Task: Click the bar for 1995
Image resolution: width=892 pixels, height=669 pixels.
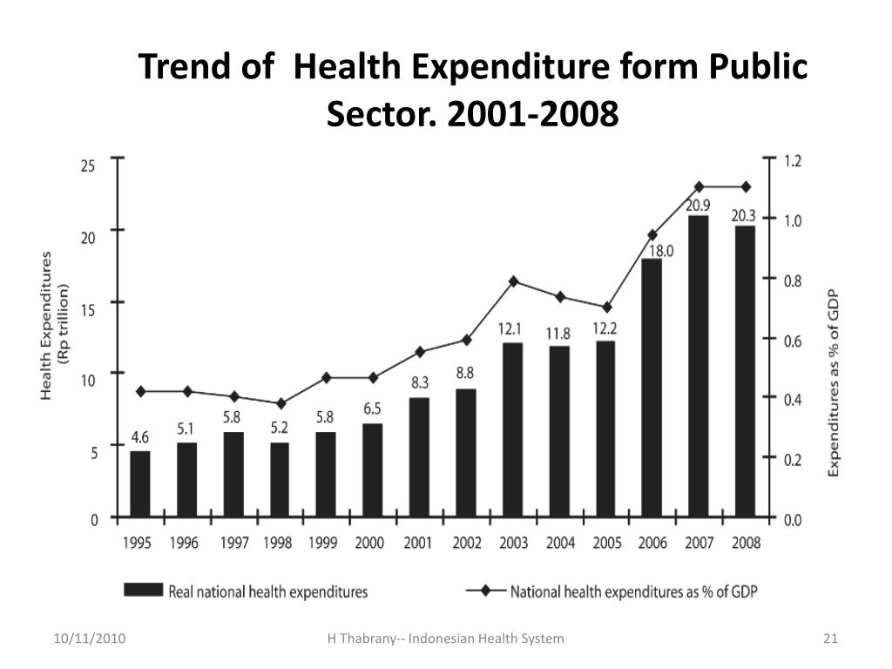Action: tap(140, 483)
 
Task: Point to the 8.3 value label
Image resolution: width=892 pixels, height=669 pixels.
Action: tap(420, 382)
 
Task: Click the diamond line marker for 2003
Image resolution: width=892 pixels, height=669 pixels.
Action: tap(513, 280)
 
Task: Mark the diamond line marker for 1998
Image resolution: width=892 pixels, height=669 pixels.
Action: tap(280, 403)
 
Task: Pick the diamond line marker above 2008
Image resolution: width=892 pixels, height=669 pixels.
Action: tap(746, 186)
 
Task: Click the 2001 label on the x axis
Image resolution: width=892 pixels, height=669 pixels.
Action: tap(419, 543)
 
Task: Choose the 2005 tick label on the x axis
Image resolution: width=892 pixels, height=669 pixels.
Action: tap(606, 543)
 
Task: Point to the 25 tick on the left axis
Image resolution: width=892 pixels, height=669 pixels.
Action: tap(87, 165)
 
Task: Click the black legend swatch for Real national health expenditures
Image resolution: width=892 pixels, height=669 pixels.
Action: tap(144, 590)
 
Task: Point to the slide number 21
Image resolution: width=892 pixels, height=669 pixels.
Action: tap(829, 639)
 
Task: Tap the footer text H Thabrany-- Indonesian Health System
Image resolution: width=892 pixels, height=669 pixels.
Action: tap(445, 639)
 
